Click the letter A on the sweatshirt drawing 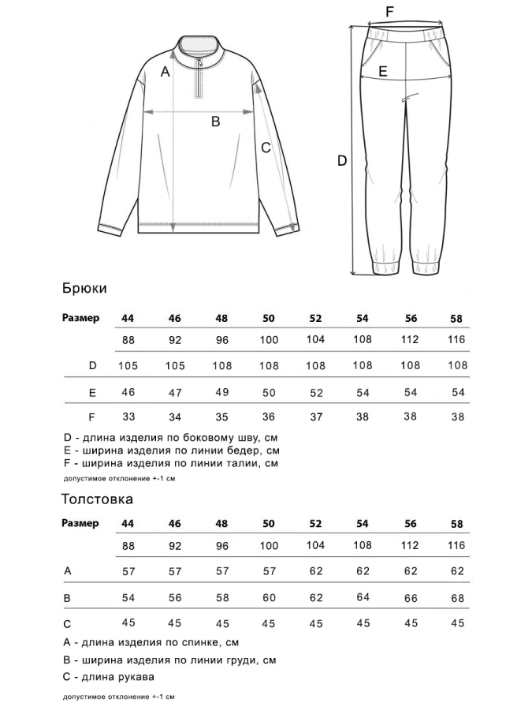pyautogui.click(x=165, y=73)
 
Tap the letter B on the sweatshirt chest pyautogui.click(x=214, y=121)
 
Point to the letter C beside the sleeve pyautogui.click(x=266, y=147)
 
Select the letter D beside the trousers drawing pyautogui.click(x=342, y=161)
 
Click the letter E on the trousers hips pyautogui.click(x=382, y=71)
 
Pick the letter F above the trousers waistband pyautogui.click(x=389, y=11)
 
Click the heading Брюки pyautogui.click(x=84, y=290)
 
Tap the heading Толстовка pyautogui.click(x=97, y=499)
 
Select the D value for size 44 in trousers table pyautogui.click(x=128, y=365)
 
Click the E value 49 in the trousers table pyautogui.click(x=221, y=392)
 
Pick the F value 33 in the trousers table pyautogui.click(x=128, y=417)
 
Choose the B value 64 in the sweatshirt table pyautogui.click(x=363, y=597)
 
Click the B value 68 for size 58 pyautogui.click(x=457, y=597)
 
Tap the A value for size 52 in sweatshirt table pyautogui.click(x=316, y=570)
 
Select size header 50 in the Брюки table pyautogui.click(x=269, y=318)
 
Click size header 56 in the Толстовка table pyautogui.click(x=411, y=524)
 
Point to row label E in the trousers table pyautogui.click(x=92, y=392)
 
